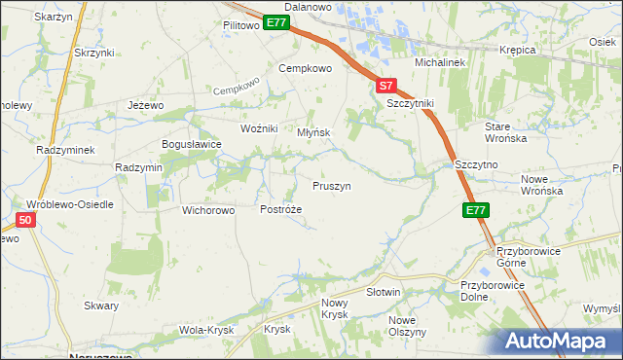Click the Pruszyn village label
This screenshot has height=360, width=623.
tap(332, 185)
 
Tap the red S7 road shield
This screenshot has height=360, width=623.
tap(386, 86)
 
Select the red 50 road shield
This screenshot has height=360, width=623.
tap(26, 221)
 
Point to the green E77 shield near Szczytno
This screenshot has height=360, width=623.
tap(475, 209)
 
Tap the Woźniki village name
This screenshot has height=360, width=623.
tap(260, 128)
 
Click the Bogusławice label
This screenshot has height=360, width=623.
tap(192, 144)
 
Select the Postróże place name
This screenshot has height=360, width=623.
tap(281, 209)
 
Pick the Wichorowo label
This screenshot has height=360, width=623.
tap(209, 209)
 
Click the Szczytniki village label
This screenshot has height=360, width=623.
tap(410, 103)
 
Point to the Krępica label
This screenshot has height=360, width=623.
tap(517, 49)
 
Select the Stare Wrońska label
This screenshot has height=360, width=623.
tap(506, 132)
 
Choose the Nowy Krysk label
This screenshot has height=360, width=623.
tap(334, 309)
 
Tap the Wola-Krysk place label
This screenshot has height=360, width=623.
tap(205, 329)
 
